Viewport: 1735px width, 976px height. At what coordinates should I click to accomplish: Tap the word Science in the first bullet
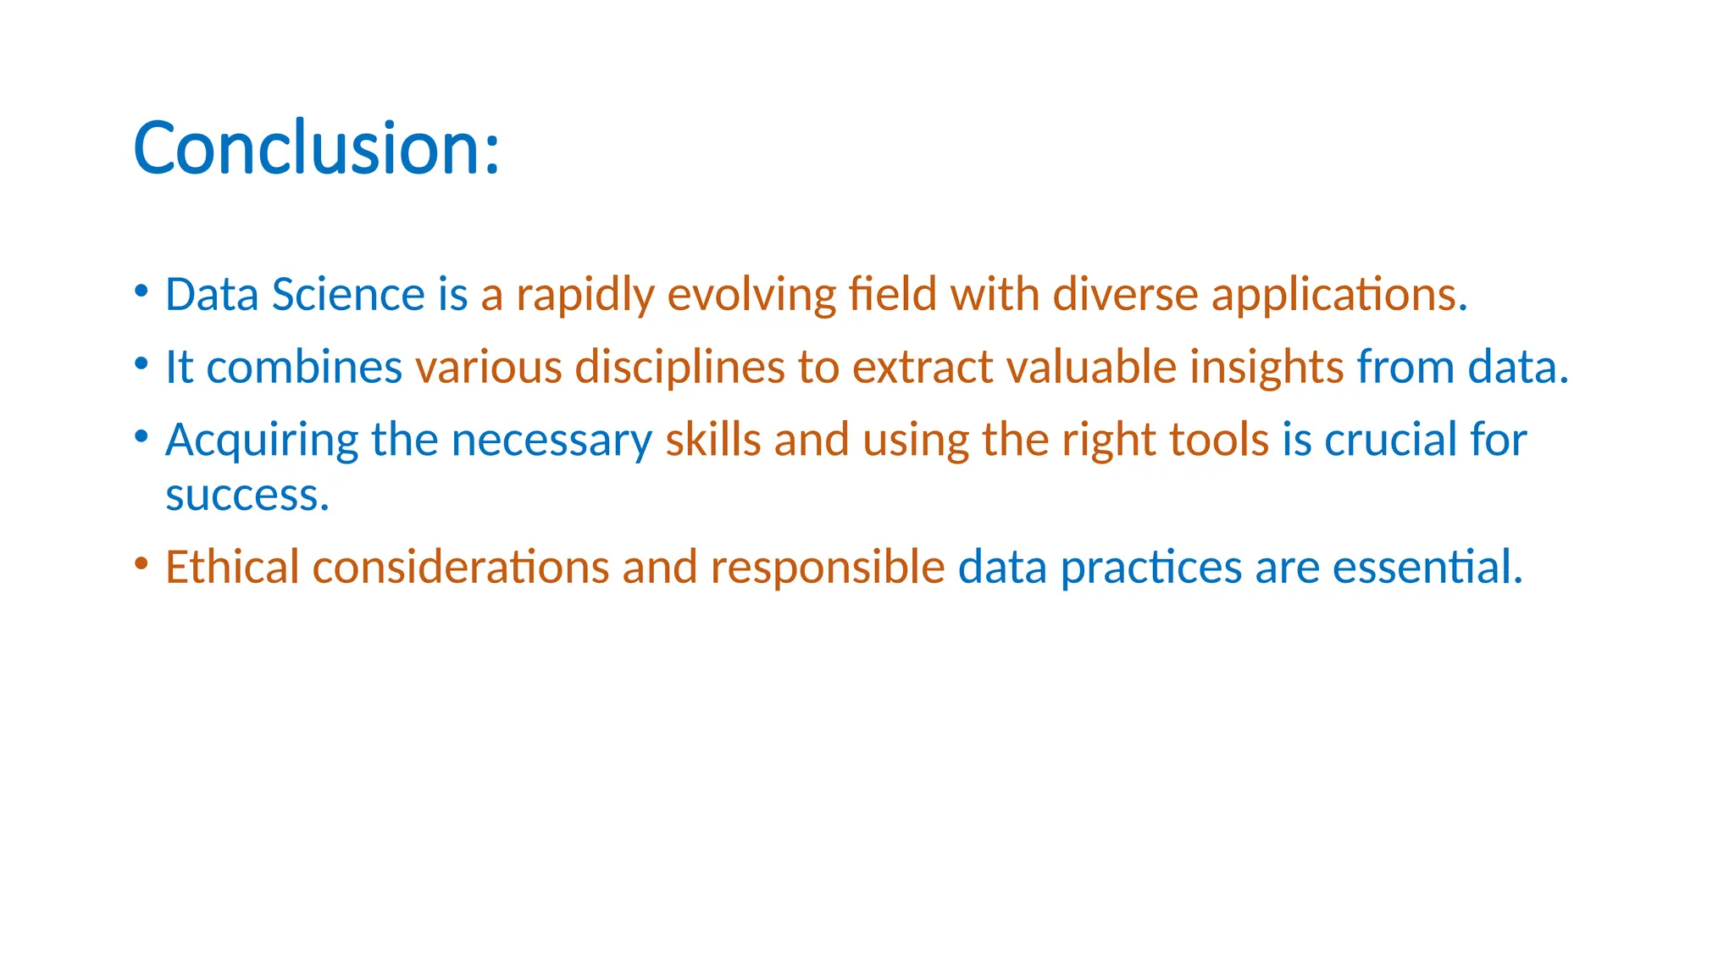pyautogui.click(x=347, y=295)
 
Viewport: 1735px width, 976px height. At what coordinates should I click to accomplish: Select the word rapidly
pyautogui.click(x=585, y=296)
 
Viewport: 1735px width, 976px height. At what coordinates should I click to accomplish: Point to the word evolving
pyautogui.click(x=751, y=296)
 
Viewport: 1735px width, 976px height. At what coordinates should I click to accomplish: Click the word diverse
pyautogui.click(x=1125, y=295)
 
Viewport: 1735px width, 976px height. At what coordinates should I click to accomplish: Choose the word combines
pyautogui.click(x=304, y=367)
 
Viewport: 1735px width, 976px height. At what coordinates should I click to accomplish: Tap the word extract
pyautogui.click(x=922, y=367)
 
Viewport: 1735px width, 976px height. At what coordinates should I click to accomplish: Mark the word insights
pyautogui.click(x=1266, y=368)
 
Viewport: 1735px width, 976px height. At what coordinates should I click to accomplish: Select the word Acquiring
pyautogui.click(x=262, y=441)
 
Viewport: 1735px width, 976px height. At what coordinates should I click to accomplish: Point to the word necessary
pyautogui.click(x=552, y=441)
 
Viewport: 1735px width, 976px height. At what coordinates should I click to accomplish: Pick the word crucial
pyautogui.click(x=1390, y=440)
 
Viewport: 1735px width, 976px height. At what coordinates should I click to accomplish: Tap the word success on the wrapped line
pyautogui.click(x=247, y=496)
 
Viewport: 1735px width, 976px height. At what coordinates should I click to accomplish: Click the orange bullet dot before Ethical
pyautogui.click(x=141, y=563)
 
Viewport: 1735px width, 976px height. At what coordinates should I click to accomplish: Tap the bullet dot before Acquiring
pyautogui.click(x=141, y=436)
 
